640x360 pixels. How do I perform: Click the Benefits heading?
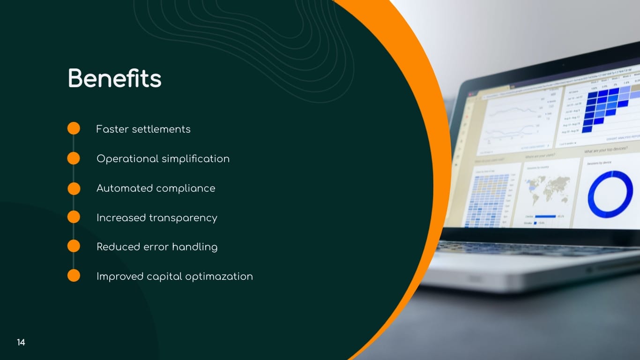point(115,79)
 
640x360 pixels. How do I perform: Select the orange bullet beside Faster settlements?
point(74,128)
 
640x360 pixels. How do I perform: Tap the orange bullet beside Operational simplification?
point(74,158)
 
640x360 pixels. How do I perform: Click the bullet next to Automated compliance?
point(74,188)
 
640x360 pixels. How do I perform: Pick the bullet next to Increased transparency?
point(74,217)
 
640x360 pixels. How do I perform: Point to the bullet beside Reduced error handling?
point(74,246)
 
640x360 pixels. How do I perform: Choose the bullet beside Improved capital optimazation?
point(74,276)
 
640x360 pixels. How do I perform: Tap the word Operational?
point(127,159)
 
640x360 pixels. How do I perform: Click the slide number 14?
point(21,343)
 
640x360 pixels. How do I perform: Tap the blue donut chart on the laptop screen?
point(610,194)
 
